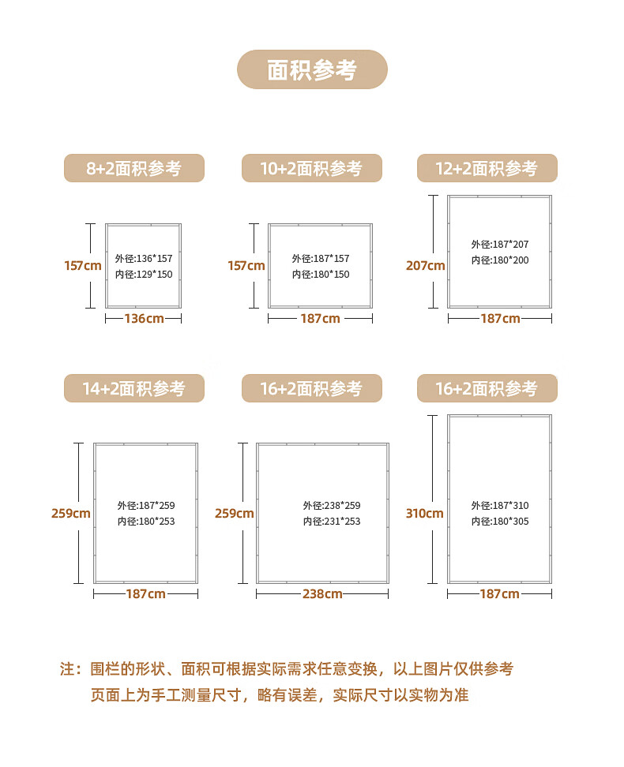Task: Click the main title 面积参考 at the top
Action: (312, 70)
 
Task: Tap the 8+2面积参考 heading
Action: (133, 168)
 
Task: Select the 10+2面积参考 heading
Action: (311, 168)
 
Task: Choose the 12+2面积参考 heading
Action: (487, 168)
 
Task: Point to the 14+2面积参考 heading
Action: (133, 388)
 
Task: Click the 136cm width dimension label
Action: (144, 319)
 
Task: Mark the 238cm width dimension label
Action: (322, 594)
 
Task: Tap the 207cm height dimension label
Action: (425, 266)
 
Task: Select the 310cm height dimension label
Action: (424, 513)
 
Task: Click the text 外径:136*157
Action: (144, 258)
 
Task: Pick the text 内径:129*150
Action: (144, 275)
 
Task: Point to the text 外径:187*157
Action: (321, 258)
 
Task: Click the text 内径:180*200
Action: (500, 260)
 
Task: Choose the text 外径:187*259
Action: (146, 505)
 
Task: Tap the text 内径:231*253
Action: (332, 522)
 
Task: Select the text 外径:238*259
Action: (332, 505)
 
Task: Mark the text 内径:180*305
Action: (500, 522)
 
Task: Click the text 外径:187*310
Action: (500, 505)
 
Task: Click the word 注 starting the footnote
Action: (67, 668)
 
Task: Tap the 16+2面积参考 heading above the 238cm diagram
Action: (311, 388)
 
